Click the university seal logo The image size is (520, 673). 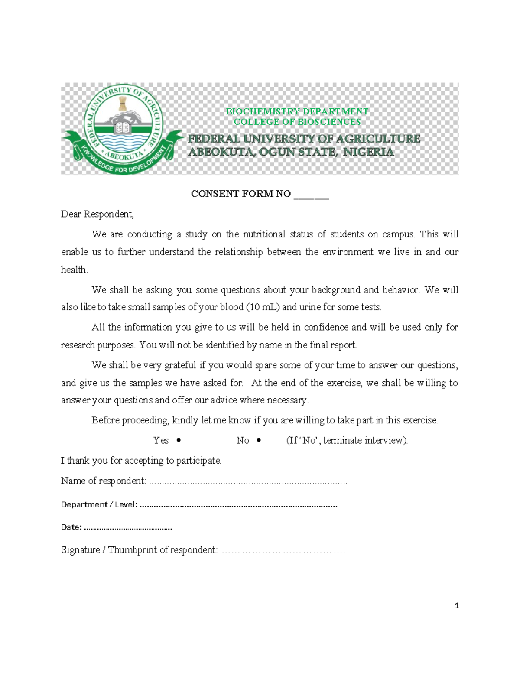122,129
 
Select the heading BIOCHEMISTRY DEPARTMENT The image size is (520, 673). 297,111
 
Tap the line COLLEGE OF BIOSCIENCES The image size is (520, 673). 297,122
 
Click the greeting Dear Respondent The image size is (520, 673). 97,214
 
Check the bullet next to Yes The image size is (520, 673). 179,440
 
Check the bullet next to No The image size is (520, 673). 259,440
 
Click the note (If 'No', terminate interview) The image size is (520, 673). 347,440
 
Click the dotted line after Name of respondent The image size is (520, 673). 248,482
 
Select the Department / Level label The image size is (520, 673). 99,504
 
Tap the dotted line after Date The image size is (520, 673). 128,528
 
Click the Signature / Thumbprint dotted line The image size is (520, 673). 283,551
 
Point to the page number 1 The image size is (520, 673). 457,606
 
